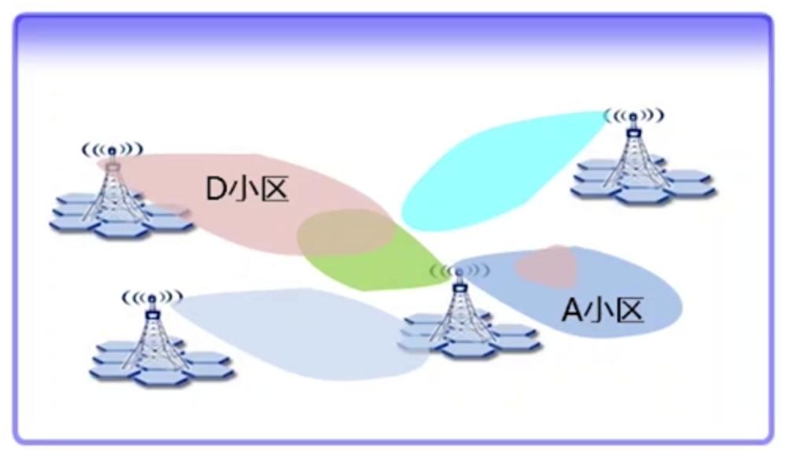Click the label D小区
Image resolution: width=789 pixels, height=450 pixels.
point(247,190)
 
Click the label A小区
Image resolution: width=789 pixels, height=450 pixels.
point(602,311)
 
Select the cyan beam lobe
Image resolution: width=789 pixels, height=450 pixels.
point(488,169)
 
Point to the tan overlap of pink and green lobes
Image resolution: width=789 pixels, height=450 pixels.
point(345,233)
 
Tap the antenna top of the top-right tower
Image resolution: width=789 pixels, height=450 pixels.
point(632,116)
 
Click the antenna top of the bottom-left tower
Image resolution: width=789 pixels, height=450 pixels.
point(151,298)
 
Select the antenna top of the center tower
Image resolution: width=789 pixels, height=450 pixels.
point(458,272)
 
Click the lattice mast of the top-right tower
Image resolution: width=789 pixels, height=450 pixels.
point(632,157)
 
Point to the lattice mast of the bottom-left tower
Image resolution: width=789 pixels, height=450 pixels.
point(151,334)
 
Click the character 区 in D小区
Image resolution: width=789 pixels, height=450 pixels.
point(272,190)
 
